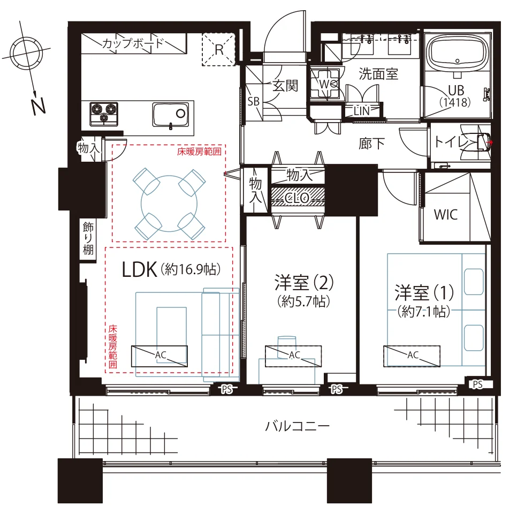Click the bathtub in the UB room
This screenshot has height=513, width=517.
(x=457, y=52)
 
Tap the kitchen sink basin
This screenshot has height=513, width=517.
(x=171, y=115)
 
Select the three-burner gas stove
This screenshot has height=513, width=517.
(x=104, y=114)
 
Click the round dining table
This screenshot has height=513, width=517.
(x=169, y=203)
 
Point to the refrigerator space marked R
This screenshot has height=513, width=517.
(x=218, y=49)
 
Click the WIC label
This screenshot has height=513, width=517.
(x=446, y=215)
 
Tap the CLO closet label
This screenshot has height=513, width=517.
(x=297, y=198)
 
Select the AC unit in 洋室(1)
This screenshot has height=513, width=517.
(x=412, y=356)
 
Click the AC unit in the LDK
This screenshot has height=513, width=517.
(x=159, y=356)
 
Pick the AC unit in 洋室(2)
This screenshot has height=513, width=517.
(x=293, y=356)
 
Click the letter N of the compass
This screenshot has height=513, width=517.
(x=38, y=106)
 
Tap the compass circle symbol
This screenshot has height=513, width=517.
(x=26, y=54)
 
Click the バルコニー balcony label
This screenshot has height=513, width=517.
(x=297, y=426)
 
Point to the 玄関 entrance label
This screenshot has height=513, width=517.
(x=285, y=86)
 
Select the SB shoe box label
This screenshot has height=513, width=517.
(x=254, y=101)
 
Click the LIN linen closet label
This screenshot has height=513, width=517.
(x=362, y=111)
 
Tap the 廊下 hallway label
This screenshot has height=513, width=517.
(x=371, y=144)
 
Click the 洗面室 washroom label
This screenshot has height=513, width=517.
(x=378, y=73)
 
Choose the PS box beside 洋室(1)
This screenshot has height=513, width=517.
(x=478, y=384)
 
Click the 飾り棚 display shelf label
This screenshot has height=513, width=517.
(x=88, y=238)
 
